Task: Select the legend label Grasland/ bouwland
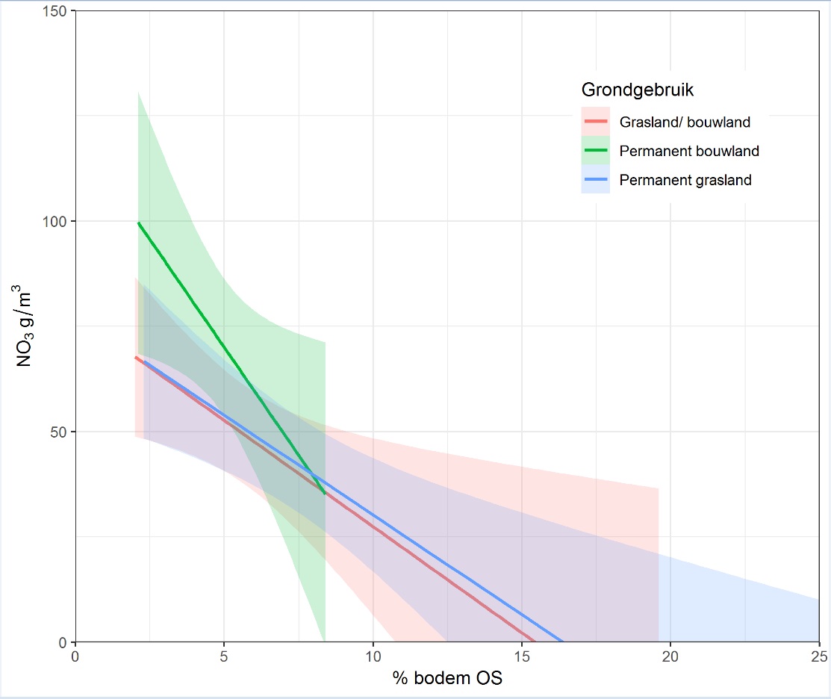[685, 122]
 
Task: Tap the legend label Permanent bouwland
[689, 151]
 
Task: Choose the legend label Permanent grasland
[685, 180]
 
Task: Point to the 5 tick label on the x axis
[224, 656]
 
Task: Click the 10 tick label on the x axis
[373, 656]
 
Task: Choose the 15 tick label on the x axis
[521, 656]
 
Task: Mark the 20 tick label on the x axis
[670, 656]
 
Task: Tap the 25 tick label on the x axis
[818, 656]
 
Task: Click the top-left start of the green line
[138, 223]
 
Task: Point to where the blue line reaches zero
[562, 641]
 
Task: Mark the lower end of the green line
[325, 494]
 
